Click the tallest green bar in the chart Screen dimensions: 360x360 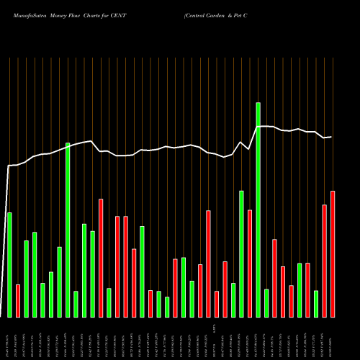point(258,210)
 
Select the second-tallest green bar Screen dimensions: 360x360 point(68,230)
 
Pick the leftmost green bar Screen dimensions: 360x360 point(9,264)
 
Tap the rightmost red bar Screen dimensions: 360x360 point(333,253)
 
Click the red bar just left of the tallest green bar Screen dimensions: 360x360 point(250,263)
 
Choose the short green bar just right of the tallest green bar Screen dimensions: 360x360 point(266,302)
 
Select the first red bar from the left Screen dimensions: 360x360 point(18,300)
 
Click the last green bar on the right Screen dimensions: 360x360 point(316,303)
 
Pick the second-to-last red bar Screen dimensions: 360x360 point(325,261)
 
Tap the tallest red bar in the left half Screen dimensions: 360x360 point(101,258)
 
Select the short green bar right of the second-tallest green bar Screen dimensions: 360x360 point(76,304)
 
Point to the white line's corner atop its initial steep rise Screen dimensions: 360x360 point(9,166)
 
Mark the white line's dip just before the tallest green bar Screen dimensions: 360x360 point(249,149)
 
